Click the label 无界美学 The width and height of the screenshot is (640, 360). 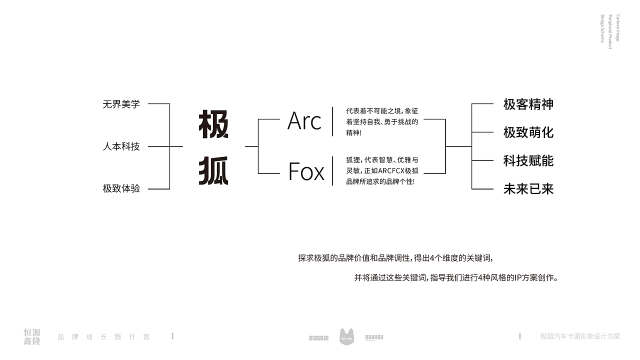click(121, 104)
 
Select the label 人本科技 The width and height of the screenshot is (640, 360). click(121, 146)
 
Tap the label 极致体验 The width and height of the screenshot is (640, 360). click(121, 188)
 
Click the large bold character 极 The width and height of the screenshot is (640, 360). click(213, 124)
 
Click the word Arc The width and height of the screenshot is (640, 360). click(304, 121)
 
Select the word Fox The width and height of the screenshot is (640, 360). click(306, 171)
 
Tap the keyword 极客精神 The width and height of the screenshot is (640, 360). click(528, 104)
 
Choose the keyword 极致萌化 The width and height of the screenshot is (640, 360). click(528, 132)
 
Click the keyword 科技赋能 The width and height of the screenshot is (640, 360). click(528, 160)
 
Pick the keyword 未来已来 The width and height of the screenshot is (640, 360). click(528, 189)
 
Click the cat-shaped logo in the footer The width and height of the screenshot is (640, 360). click(346, 336)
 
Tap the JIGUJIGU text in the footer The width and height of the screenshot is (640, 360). click(374, 337)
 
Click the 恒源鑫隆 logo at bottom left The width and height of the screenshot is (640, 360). click(32, 336)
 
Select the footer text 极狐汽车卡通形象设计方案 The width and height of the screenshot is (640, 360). click(580, 336)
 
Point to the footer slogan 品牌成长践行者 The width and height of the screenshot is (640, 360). click(103, 336)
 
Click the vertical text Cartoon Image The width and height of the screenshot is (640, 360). click(618, 28)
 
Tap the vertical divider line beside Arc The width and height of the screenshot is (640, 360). click(332, 121)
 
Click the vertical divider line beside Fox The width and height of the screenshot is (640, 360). click(332, 171)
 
